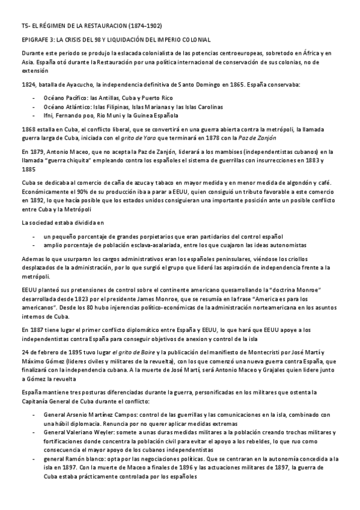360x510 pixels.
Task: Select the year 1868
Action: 28,129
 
